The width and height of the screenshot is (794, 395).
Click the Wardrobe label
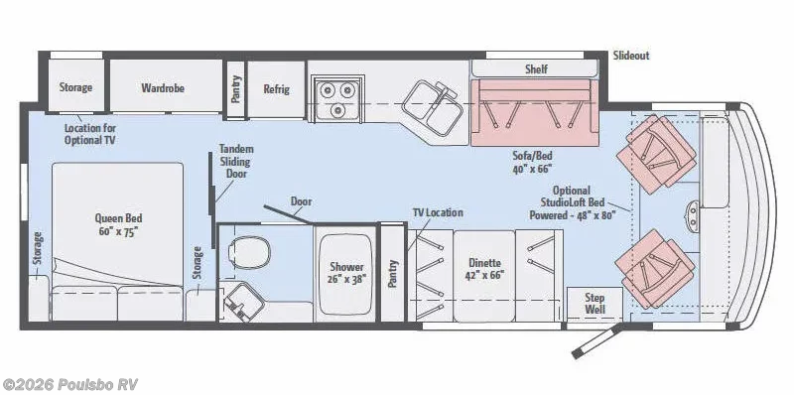165,87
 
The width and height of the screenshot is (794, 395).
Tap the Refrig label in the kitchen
276,88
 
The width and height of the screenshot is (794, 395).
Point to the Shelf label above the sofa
536,69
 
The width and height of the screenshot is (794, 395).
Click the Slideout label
631,56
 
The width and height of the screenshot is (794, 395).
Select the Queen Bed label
117,225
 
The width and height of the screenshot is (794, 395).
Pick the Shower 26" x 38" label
347,274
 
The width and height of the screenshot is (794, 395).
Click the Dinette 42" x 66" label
484,269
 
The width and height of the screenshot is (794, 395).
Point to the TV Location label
438,212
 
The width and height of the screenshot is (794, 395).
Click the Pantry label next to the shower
392,274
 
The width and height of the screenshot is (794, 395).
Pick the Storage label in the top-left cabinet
75,87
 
